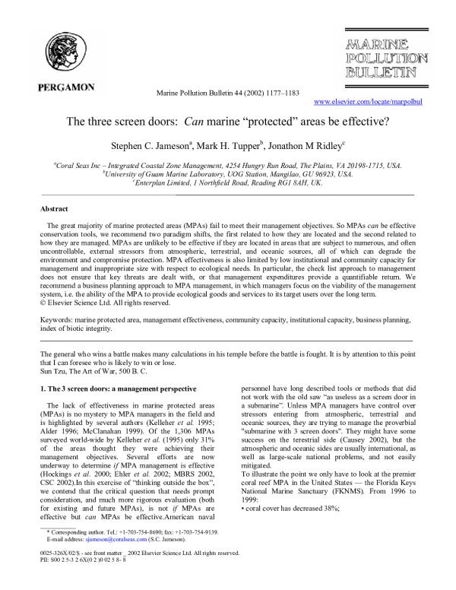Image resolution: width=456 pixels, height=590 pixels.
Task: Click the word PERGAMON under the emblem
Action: [x=66, y=87]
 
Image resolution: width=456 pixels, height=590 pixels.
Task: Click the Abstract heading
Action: [x=55, y=207]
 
